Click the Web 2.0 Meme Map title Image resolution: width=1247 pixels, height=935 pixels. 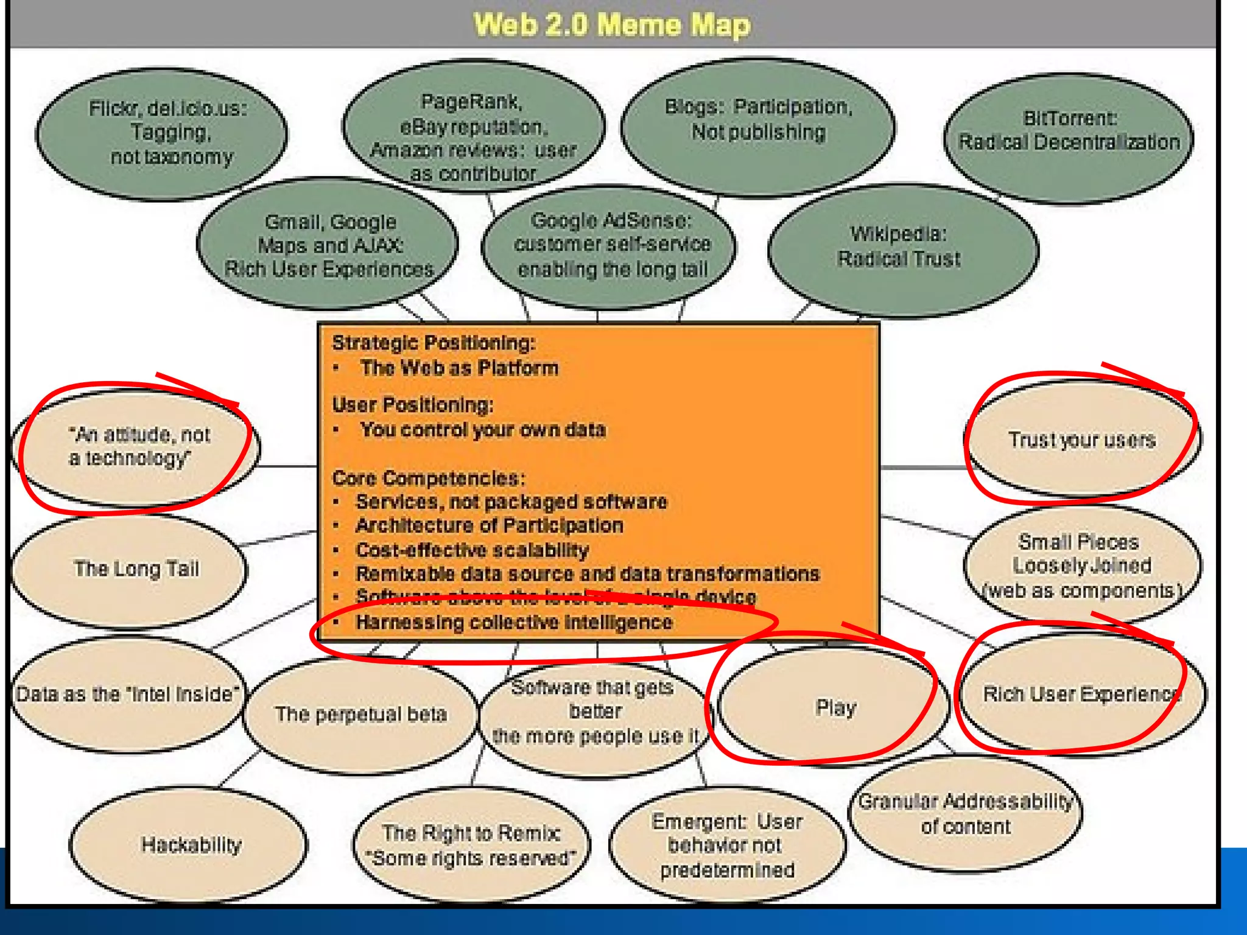(x=611, y=26)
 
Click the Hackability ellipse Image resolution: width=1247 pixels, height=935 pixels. (x=190, y=845)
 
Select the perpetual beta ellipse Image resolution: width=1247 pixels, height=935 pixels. (x=360, y=715)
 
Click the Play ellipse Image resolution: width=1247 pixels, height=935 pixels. (x=835, y=707)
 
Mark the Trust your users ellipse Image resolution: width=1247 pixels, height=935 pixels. (x=1081, y=439)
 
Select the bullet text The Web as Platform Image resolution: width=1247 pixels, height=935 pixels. (x=459, y=368)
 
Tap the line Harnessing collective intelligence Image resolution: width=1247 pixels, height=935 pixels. (x=514, y=623)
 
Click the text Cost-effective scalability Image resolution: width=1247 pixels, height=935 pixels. (x=472, y=550)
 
